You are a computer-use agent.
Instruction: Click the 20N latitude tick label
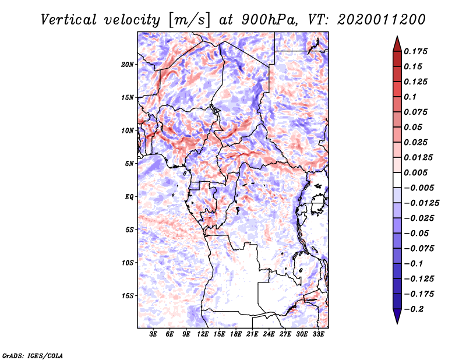coord(128,64)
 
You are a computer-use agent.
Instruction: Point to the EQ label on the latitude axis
coord(129,197)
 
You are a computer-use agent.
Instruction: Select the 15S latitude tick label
coord(128,296)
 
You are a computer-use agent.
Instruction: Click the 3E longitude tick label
coord(154,335)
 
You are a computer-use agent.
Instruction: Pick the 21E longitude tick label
coord(253,335)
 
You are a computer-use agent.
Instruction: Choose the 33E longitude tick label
coord(319,335)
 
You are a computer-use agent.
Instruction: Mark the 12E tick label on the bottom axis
coord(203,335)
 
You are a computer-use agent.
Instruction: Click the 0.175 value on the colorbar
coord(417,51)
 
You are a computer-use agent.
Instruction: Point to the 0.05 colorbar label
coord(415,127)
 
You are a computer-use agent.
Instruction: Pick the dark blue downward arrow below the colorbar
coord(397,317)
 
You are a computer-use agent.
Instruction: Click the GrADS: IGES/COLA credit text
coord(32,355)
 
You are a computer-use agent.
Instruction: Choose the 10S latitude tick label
coord(128,263)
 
